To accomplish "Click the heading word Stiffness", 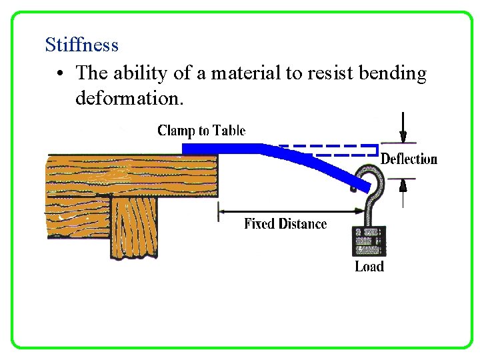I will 81,45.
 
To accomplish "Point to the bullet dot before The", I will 60,73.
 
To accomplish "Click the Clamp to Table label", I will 201,130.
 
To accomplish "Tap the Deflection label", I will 409,159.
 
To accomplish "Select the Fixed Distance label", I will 285,224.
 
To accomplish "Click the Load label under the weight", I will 369,267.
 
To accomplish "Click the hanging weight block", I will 369,242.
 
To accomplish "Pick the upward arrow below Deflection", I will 403,190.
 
